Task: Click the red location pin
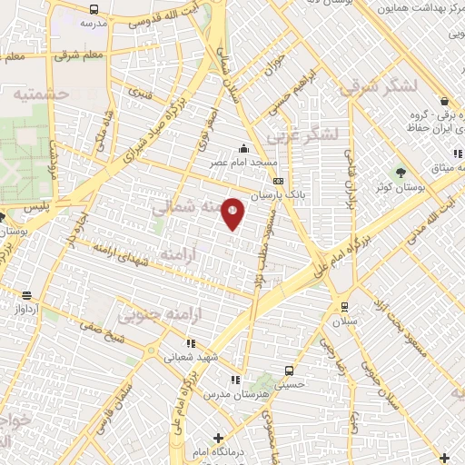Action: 232,212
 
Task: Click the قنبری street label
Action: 140,92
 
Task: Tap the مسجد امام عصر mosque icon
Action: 243,149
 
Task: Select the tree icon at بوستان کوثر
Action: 400,172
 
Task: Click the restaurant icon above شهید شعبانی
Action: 191,343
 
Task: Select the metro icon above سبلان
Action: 344,306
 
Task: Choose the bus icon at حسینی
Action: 289,371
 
